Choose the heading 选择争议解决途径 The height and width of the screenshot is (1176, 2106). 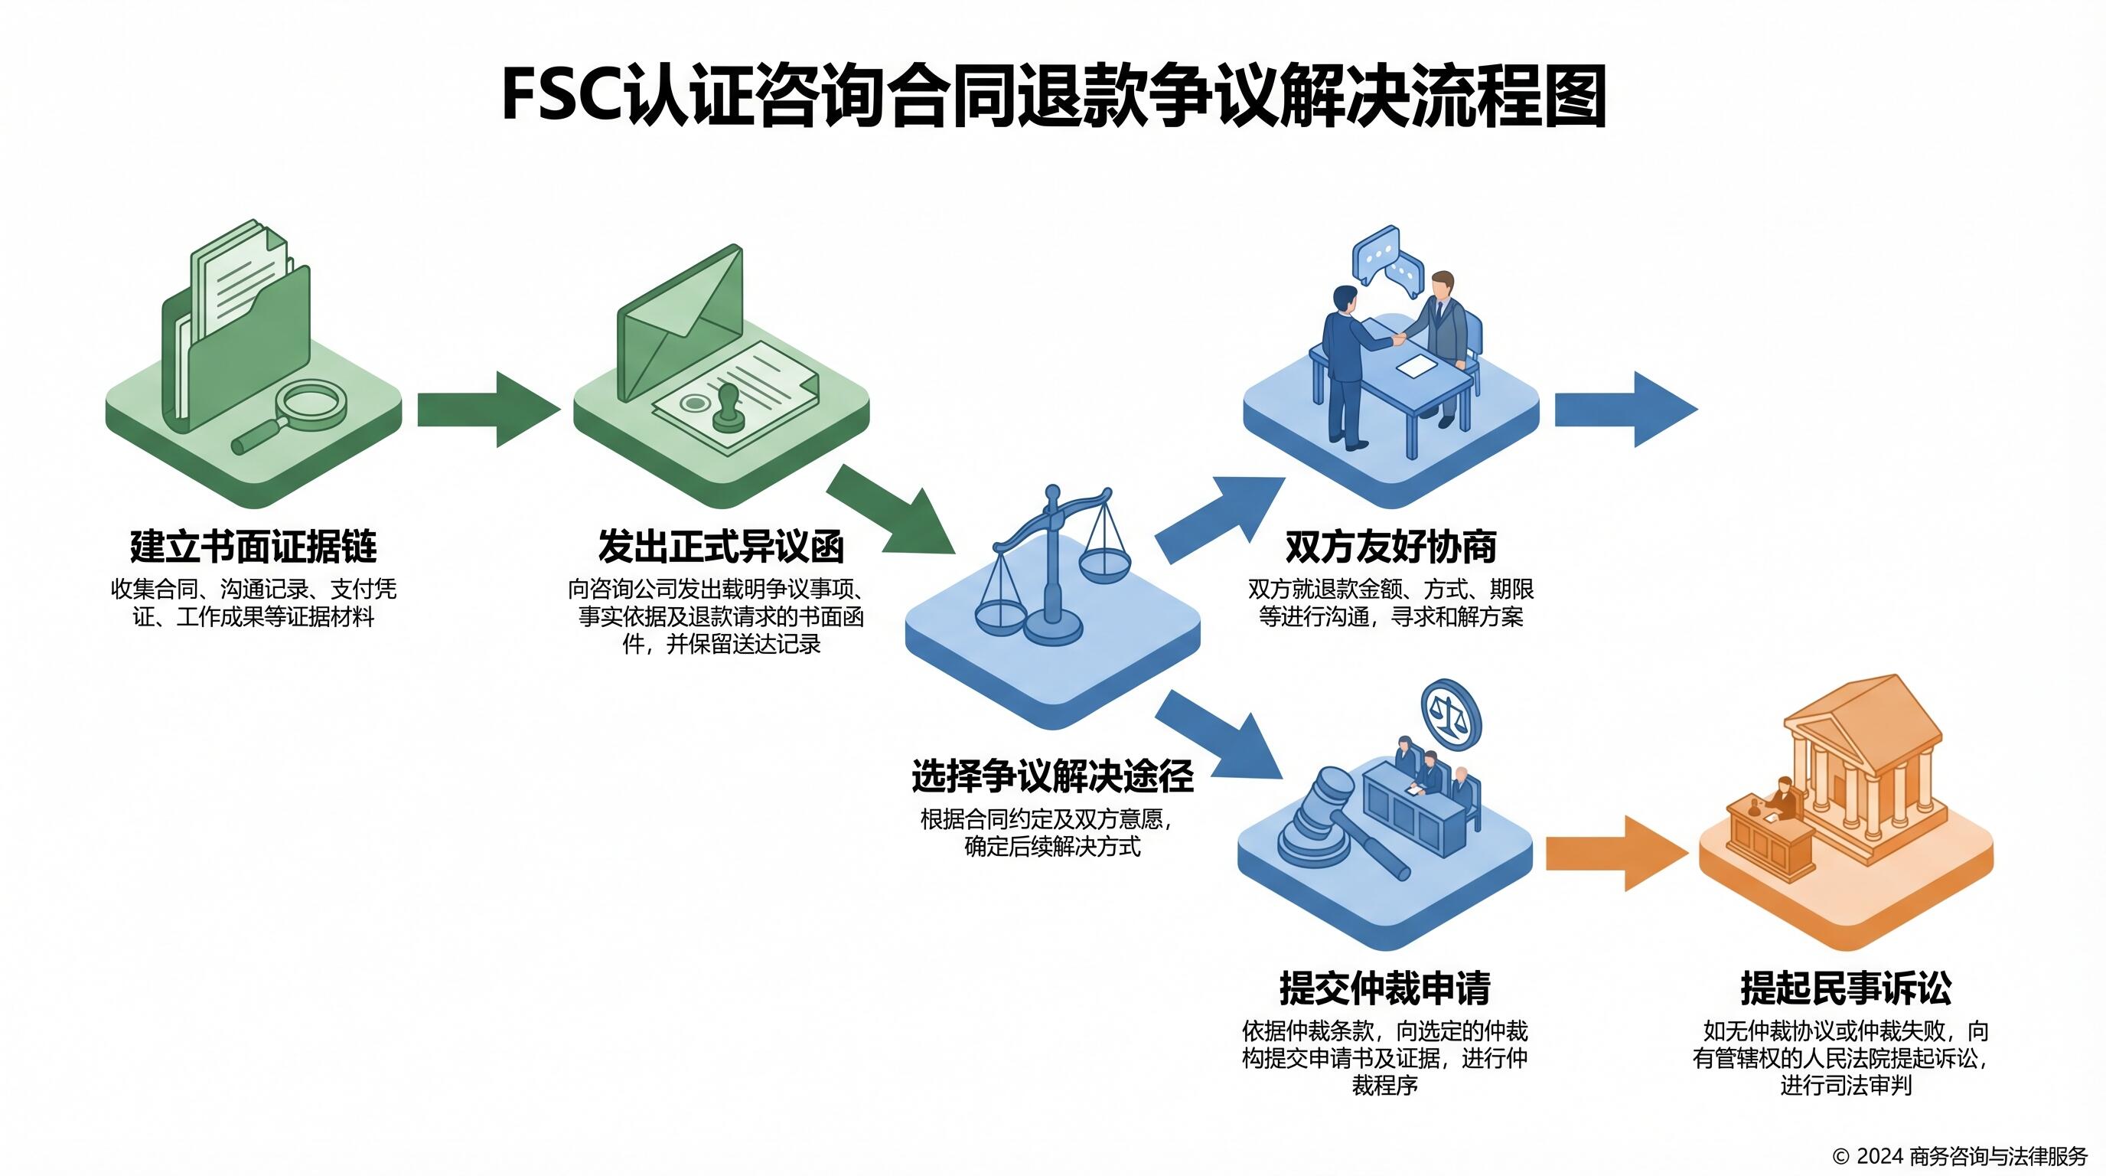tap(1052, 776)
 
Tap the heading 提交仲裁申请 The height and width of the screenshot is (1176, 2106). tap(1385, 988)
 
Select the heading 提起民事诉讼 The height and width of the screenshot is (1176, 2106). tap(1846, 988)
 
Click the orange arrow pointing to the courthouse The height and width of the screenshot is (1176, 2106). tap(1615, 853)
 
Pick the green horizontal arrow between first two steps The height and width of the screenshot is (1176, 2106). tap(487, 409)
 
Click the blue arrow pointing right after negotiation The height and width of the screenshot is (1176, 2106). tap(1624, 409)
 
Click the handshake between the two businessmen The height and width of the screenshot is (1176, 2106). tap(1400, 336)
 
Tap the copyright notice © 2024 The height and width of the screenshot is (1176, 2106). tap(1960, 1156)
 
